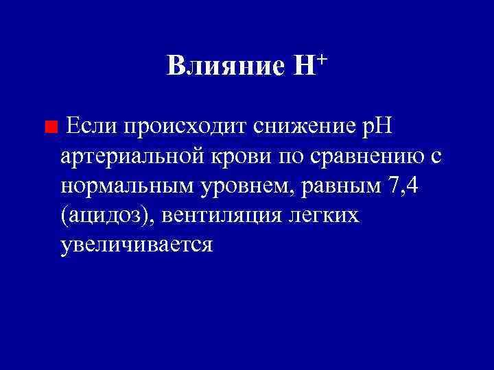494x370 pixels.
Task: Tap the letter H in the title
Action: (303, 67)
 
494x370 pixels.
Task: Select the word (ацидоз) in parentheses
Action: (108, 216)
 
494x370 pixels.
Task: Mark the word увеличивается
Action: (137, 245)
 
